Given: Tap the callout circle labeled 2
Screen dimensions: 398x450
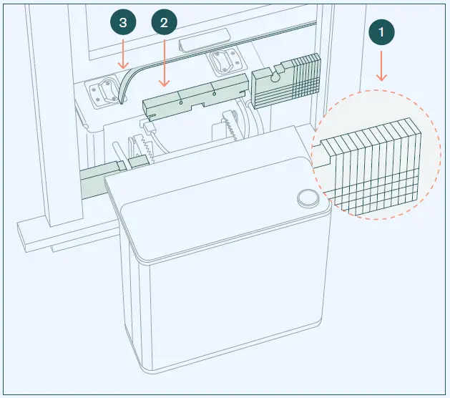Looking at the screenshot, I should coord(165,23).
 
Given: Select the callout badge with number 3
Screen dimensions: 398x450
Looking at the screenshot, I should coord(124,23).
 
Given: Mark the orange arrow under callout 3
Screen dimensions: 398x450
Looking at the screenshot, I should coord(124,55).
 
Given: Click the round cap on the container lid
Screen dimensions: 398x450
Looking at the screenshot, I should coord(307,198).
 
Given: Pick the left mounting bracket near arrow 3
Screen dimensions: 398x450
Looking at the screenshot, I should coord(107,91).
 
